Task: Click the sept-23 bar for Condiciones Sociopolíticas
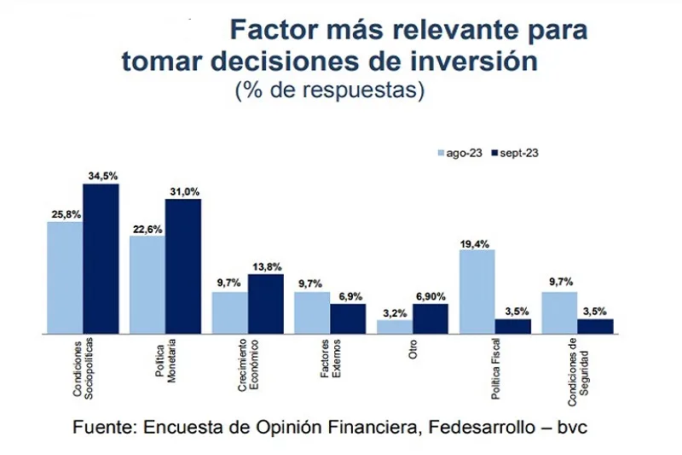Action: coord(101,258)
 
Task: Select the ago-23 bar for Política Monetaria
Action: coord(147,284)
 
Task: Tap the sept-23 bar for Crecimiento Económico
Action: coord(265,303)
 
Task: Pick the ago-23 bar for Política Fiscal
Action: coord(477,290)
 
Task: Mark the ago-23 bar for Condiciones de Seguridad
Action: coord(559,312)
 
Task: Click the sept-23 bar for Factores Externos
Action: coord(348,318)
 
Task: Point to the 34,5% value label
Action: coord(101,176)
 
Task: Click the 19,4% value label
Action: coord(477,242)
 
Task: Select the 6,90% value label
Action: coord(431,296)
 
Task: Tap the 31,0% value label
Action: coord(183,191)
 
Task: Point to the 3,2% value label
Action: coord(394,313)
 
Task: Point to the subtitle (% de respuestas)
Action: coord(329,90)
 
